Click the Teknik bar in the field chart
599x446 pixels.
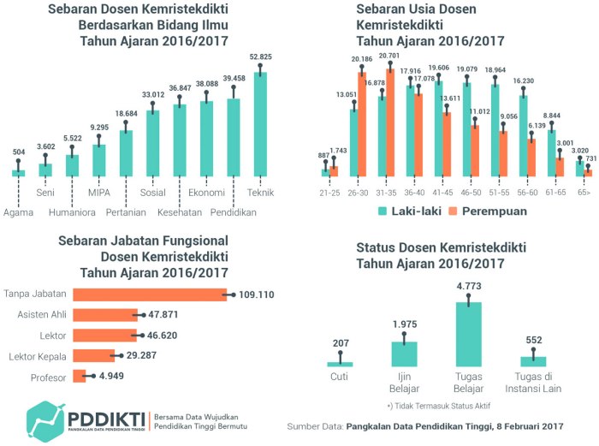(x=260, y=124)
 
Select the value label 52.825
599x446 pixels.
(x=260, y=57)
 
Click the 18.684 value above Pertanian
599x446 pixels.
(x=126, y=114)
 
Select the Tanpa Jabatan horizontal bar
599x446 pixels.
(x=150, y=294)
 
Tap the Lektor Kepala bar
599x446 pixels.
(x=94, y=355)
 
